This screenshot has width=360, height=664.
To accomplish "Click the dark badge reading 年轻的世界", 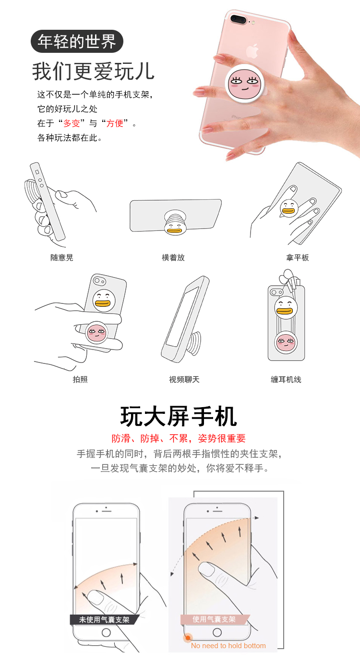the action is click(x=77, y=41).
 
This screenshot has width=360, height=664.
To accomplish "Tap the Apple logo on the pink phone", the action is click(x=252, y=51).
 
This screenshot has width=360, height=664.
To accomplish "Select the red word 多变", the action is click(x=72, y=123).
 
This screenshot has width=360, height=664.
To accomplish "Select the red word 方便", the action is click(x=115, y=123).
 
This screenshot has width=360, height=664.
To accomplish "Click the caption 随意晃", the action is click(x=61, y=257).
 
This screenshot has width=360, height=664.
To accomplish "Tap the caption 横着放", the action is click(x=173, y=257).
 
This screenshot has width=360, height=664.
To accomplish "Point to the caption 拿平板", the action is click(x=298, y=257).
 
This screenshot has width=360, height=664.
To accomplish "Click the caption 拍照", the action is click(x=80, y=379).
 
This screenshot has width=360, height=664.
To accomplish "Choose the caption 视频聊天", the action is click(x=184, y=379).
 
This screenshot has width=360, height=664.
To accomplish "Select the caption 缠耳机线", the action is click(x=286, y=379).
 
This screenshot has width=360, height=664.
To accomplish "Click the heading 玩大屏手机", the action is click(x=179, y=416).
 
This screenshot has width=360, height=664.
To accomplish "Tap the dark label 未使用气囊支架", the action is click(x=104, y=619).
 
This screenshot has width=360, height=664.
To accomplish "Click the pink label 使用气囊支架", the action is click(x=214, y=619).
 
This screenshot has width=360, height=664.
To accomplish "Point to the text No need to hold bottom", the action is click(x=228, y=646).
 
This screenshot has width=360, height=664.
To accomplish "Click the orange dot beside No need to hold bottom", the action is click(x=188, y=638).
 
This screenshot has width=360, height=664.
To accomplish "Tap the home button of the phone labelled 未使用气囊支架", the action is click(x=106, y=633).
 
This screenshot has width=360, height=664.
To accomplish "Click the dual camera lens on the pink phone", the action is click(x=239, y=19).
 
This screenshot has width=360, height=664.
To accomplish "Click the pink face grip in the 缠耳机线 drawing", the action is click(x=286, y=342).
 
